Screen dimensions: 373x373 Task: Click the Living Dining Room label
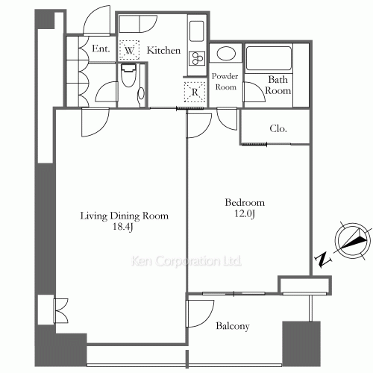coord(125,216)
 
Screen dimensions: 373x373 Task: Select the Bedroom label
coord(244,202)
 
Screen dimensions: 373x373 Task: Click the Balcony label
coord(232,326)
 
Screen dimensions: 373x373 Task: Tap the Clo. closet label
coord(280,128)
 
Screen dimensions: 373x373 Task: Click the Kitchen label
coord(163,51)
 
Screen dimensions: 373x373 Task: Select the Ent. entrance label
coord(101,50)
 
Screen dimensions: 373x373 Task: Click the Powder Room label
coord(225,81)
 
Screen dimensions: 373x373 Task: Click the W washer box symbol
coord(130,50)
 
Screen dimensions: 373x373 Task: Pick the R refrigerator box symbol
coord(194,92)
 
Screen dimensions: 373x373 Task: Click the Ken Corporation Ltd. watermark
coord(186,262)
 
